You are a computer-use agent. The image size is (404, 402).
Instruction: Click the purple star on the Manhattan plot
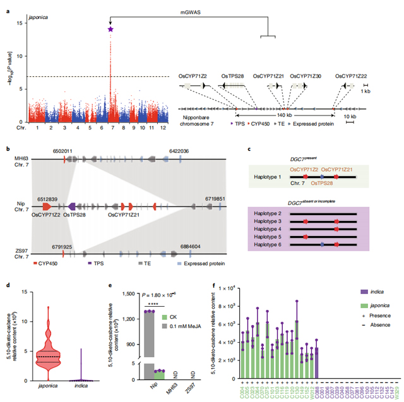111,28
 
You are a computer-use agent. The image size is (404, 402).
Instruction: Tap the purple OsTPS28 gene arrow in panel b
73,206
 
